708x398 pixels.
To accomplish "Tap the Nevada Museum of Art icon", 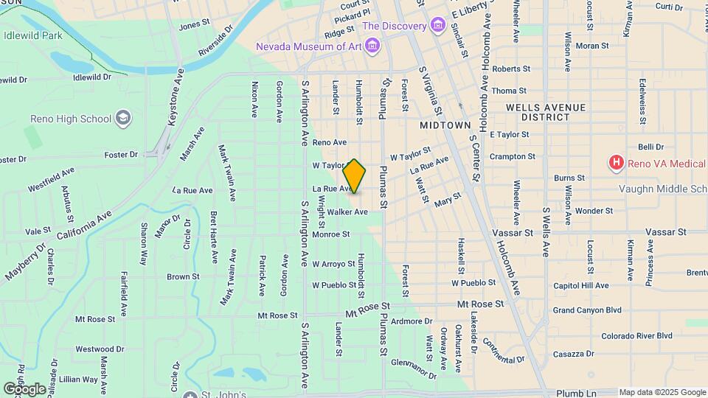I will (373, 47).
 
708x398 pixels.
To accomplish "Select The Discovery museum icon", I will (439, 27).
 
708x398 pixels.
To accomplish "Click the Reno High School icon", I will (123, 118).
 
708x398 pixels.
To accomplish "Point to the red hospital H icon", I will (614, 162).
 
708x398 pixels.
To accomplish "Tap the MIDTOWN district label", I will (445, 126).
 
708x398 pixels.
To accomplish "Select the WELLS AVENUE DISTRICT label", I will (546, 112).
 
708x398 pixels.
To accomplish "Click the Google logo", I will (24, 388).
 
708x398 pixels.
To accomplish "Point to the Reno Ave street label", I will (329, 142).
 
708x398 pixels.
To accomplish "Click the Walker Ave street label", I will (347, 212).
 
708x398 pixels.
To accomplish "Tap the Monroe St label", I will (330, 234).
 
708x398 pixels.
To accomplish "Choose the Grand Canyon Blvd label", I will (587, 310).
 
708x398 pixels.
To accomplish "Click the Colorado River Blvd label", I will (636, 336).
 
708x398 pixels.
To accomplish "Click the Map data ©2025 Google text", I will (662, 392).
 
